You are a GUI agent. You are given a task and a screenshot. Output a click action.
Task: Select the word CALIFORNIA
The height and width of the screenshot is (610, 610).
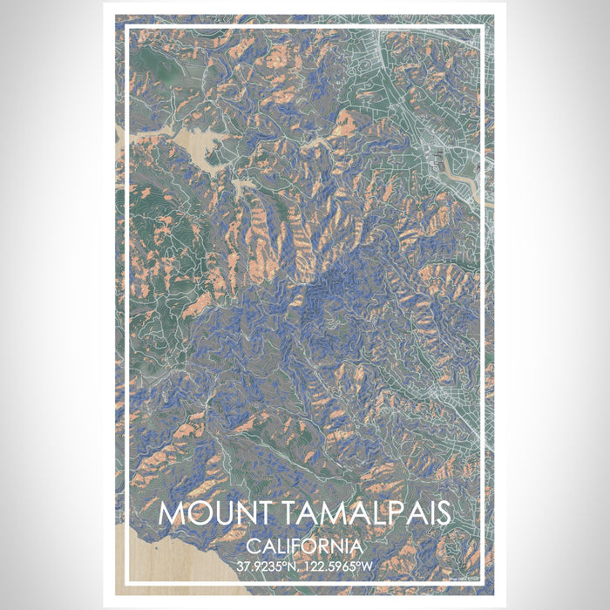click(x=305, y=546)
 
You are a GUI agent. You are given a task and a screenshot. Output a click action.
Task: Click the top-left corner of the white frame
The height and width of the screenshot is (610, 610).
click(x=127, y=29)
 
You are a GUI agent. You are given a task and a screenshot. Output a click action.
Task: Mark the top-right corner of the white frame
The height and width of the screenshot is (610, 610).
click(x=483, y=29)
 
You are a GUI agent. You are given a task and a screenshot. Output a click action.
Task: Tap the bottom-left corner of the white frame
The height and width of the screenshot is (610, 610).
click(x=127, y=581)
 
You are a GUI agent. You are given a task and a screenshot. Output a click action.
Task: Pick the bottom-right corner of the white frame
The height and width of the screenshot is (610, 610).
click(x=483, y=581)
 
